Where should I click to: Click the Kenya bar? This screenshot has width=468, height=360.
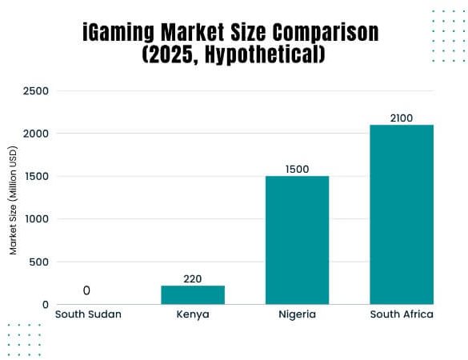[193, 294]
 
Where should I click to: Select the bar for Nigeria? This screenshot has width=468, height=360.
[297, 240]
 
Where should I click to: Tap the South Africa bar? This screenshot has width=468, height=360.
[401, 214]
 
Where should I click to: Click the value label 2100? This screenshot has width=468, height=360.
[401, 118]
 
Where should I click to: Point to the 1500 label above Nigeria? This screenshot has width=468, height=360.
[297, 169]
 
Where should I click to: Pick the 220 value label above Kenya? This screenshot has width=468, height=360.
[193, 278]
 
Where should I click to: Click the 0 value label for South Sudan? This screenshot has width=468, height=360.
[86, 290]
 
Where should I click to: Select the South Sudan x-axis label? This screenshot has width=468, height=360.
[88, 314]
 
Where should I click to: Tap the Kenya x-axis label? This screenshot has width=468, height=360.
[193, 314]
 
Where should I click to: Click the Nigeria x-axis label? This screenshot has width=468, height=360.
[297, 314]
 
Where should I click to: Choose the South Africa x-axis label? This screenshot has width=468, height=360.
[401, 314]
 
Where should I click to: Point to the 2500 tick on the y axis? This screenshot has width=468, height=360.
[37, 91]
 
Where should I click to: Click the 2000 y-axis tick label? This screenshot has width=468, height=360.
[37, 134]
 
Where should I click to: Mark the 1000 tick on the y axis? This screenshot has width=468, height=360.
[37, 219]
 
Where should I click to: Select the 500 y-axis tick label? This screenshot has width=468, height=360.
[40, 262]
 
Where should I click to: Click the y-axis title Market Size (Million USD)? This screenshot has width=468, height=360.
[14, 200]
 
